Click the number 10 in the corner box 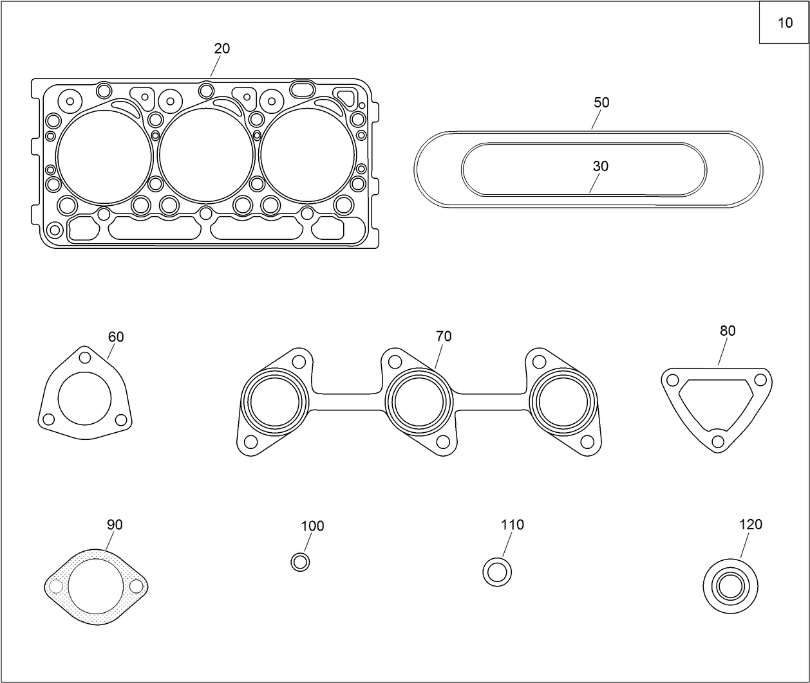pyautogui.click(x=785, y=23)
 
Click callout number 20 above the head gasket pyautogui.click(x=221, y=49)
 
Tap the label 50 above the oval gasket pyautogui.click(x=601, y=103)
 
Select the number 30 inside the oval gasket pyautogui.click(x=600, y=167)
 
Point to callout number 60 pyautogui.click(x=116, y=337)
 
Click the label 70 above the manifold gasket pyautogui.click(x=443, y=336)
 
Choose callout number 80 pyautogui.click(x=727, y=331)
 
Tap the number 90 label pyautogui.click(x=114, y=525)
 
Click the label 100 pyautogui.click(x=312, y=526)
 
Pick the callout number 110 pyautogui.click(x=512, y=525)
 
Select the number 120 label pyautogui.click(x=750, y=525)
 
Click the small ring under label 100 pyautogui.click(x=300, y=562)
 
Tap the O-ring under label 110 pyautogui.click(x=497, y=572)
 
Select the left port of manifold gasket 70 pyautogui.click(x=275, y=403)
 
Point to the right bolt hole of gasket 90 pyautogui.click(x=136, y=587)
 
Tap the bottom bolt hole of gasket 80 pyautogui.click(x=717, y=441)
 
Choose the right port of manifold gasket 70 pyautogui.click(x=563, y=403)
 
